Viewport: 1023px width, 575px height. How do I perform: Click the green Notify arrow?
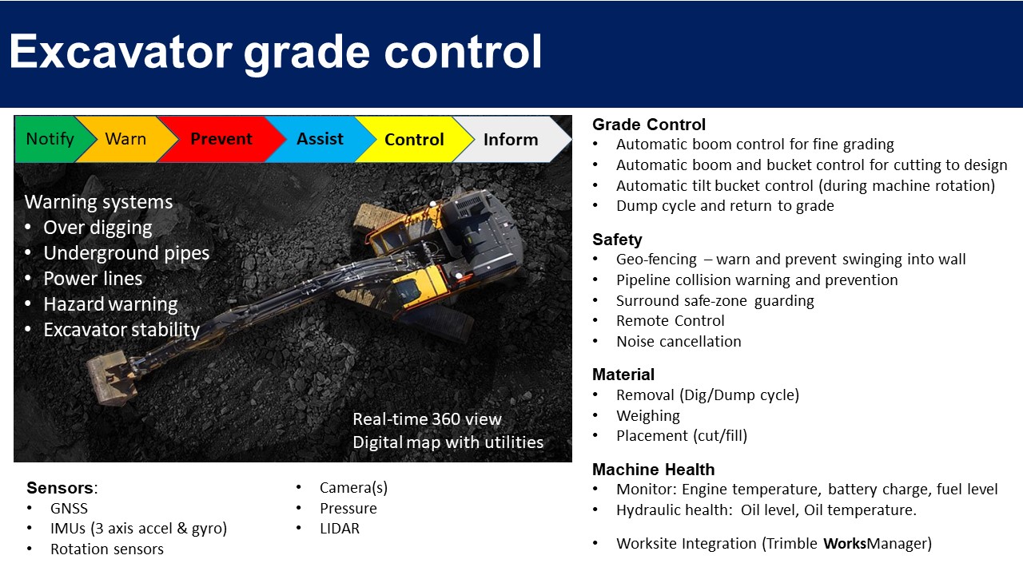tap(50, 139)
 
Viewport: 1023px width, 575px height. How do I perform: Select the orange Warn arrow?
tap(126, 139)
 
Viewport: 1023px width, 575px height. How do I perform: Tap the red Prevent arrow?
tap(221, 139)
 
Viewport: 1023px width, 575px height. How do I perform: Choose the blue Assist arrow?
tap(320, 139)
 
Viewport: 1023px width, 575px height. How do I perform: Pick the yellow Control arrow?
tap(414, 139)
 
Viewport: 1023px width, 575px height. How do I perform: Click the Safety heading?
tap(617, 240)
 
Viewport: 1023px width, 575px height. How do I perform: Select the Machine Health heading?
tap(654, 469)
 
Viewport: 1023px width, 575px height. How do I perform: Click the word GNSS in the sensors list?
tap(69, 509)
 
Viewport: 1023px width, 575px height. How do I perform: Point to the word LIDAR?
tap(340, 529)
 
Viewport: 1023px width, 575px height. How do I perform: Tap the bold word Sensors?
tap(60, 488)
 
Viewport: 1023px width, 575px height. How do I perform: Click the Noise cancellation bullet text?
tap(679, 341)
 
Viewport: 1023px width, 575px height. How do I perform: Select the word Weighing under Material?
tap(648, 416)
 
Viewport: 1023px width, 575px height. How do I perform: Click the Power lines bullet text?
tap(93, 279)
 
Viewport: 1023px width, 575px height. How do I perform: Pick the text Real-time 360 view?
tap(427, 419)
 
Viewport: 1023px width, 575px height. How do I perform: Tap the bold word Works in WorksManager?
tap(845, 544)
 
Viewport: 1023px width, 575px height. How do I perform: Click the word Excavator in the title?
tap(121, 52)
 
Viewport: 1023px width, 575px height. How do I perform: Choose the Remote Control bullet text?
tap(671, 321)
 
